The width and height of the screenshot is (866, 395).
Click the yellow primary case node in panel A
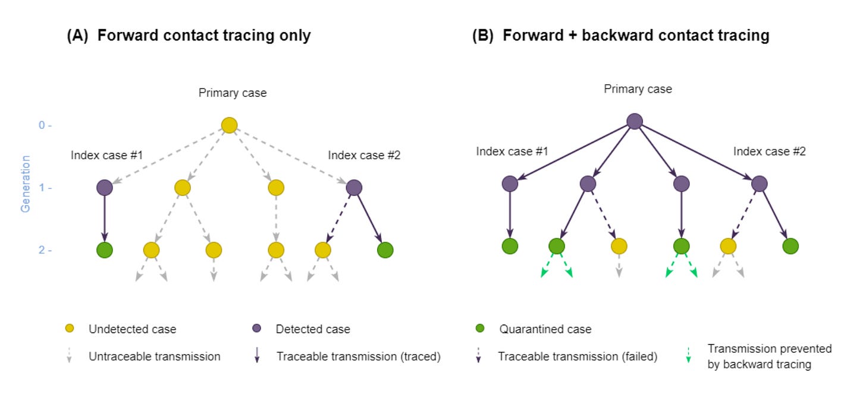click(x=229, y=125)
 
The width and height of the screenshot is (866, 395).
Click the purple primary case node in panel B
click(x=635, y=121)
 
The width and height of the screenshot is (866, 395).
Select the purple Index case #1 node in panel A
click(x=105, y=188)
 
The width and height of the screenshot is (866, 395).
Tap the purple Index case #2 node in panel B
click(x=760, y=184)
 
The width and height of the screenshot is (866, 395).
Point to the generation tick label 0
click(x=42, y=125)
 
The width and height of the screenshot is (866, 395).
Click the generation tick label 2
click(x=42, y=250)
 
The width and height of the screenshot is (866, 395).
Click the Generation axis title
click(x=25, y=184)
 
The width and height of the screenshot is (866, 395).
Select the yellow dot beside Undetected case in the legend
click(x=70, y=328)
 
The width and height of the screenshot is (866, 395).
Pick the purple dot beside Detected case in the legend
click(x=257, y=328)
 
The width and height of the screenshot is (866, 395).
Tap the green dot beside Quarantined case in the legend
click(x=480, y=328)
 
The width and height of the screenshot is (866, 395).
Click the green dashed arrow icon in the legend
click(x=688, y=355)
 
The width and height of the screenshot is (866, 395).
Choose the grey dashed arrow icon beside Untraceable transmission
click(x=69, y=355)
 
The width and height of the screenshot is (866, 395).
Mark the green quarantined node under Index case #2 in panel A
click(x=385, y=250)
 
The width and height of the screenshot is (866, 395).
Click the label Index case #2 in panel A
click(x=364, y=155)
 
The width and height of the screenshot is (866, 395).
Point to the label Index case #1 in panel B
click(x=512, y=151)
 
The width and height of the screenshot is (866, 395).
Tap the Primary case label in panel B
click(x=638, y=89)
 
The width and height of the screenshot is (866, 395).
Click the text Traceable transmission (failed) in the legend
click(x=578, y=356)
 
